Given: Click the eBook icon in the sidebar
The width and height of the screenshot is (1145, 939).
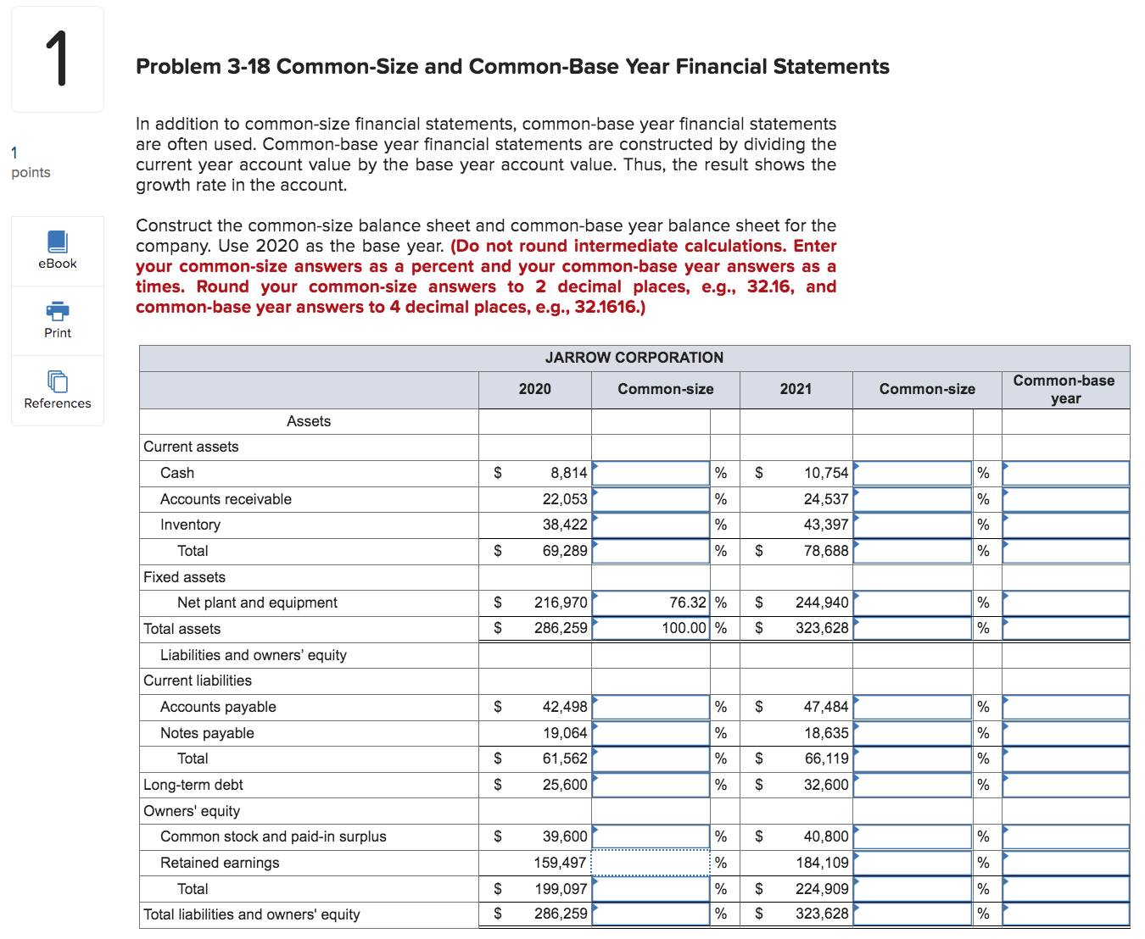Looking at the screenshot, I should point(57,242).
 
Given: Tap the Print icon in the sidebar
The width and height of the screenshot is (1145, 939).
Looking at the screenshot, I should point(57,311).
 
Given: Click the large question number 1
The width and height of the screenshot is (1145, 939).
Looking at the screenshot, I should point(57,58).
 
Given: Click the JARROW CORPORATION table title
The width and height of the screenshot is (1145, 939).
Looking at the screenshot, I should point(634,358).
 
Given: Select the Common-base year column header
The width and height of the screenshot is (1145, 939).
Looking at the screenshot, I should point(1064,389).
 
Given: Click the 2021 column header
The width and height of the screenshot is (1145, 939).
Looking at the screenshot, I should point(796,389).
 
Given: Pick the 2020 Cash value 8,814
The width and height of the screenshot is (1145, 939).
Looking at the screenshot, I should point(568,473).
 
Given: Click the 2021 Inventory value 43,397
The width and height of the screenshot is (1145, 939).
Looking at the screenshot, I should point(825,525).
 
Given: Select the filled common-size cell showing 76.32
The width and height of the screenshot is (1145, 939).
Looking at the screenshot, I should point(651,603).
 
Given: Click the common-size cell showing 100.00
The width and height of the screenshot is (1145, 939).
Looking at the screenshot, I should point(651,628).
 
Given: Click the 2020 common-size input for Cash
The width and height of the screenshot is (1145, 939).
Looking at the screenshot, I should point(651,473).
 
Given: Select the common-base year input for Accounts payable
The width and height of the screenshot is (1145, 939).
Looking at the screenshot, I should point(1065,707).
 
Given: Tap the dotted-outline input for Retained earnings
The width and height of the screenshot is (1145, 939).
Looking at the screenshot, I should point(651,863).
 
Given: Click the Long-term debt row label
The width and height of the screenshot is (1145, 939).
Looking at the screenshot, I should point(193,785).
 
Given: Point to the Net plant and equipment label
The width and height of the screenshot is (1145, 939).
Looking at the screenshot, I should point(257,603).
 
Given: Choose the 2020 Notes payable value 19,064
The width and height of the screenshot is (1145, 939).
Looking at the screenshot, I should point(565,733).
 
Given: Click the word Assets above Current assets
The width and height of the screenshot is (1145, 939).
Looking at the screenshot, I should point(309,421).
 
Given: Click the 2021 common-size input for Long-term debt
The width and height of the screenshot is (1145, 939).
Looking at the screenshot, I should point(913,785).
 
